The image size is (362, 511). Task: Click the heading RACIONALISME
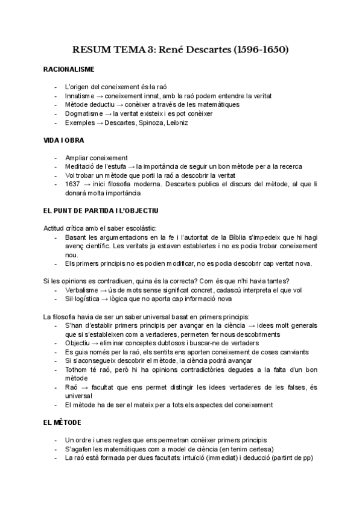click(x=69, y=70)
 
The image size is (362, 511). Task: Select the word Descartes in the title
click(x=202, y=49)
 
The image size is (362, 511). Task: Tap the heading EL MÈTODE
click(x=64, y=424)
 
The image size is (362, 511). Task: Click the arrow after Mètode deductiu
click(x=121, y=105)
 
